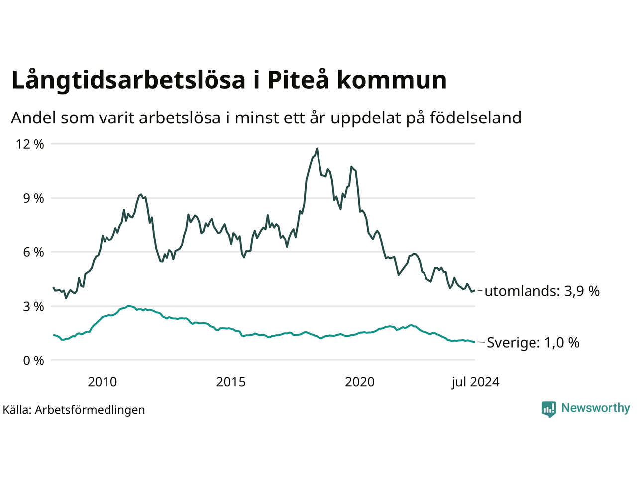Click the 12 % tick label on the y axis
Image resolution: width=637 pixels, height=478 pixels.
(x=30, y=144)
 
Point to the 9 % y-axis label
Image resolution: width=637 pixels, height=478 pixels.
(x=33, y=198)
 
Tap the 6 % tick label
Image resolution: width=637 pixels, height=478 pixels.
(x=33, y=252)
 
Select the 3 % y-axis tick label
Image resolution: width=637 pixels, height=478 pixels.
(x=33, y=306)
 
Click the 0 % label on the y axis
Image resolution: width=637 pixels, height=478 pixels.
(x=33, y=360)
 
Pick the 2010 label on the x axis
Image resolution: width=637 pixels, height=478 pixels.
(x=102, y=382)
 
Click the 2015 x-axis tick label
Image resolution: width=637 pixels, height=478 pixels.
(x=231, y=382)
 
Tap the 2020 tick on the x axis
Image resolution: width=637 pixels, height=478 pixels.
(x=360, y=382)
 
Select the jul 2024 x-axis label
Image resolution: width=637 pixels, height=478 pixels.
(x=475, y=382)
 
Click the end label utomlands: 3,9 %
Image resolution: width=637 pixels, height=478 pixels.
(x=542, y=291)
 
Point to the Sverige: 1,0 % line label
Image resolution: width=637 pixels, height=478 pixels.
(x=533, y=343)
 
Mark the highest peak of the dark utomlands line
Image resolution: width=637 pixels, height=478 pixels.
(x=317, y=148)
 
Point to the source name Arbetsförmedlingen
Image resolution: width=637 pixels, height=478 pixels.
(x=90, y=410)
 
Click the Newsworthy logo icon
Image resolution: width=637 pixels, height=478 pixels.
(x=549, y=409)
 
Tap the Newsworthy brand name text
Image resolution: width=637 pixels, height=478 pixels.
(x=595, y=408)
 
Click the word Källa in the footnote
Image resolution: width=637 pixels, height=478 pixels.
(x=16, y=410)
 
